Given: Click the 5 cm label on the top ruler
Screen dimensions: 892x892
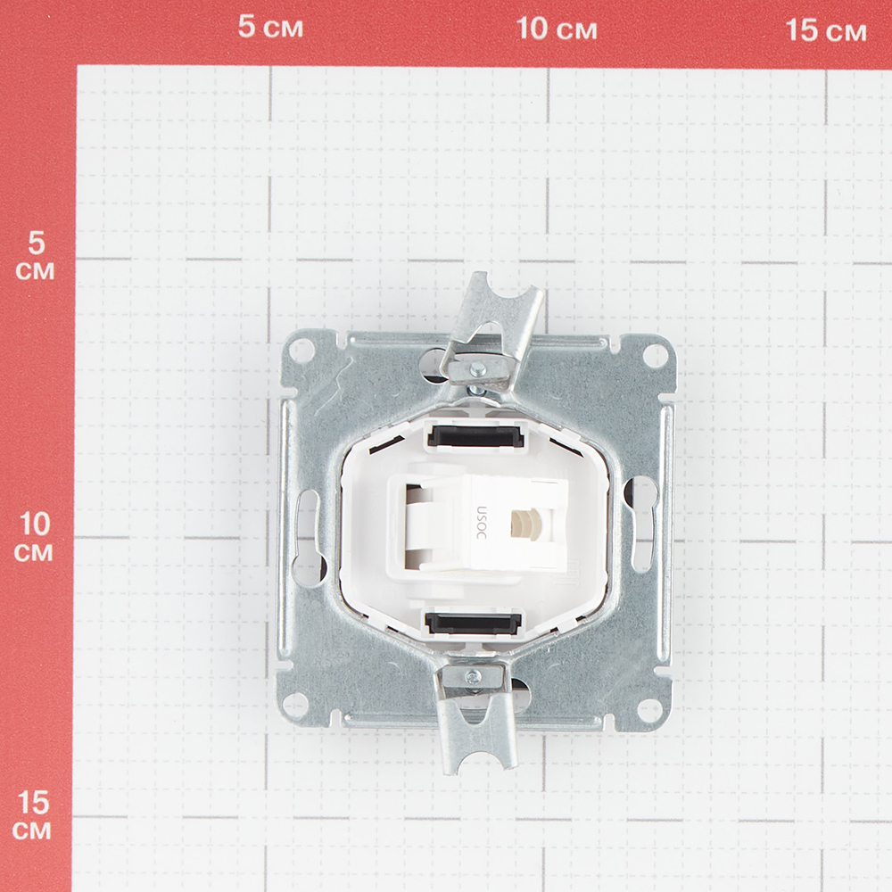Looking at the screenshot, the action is click(x=270, y=27).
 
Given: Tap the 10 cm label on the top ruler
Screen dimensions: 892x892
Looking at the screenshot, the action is click(x=557, y=29).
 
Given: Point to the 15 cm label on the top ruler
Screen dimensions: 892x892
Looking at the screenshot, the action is click(x=826, y=30).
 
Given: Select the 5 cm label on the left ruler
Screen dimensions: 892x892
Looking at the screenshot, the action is click(x=36, y=257).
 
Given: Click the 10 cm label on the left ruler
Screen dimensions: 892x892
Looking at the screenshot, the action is click(x=34, y=537).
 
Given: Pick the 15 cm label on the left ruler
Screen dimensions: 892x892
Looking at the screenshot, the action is click(x=32, y=816).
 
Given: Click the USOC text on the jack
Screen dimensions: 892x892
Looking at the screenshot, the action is click(x=482, y=523).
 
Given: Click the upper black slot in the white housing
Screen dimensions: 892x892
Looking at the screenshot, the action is click(x=475, y=435).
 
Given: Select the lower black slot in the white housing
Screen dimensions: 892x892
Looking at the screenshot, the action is click(x=473, y=623).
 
